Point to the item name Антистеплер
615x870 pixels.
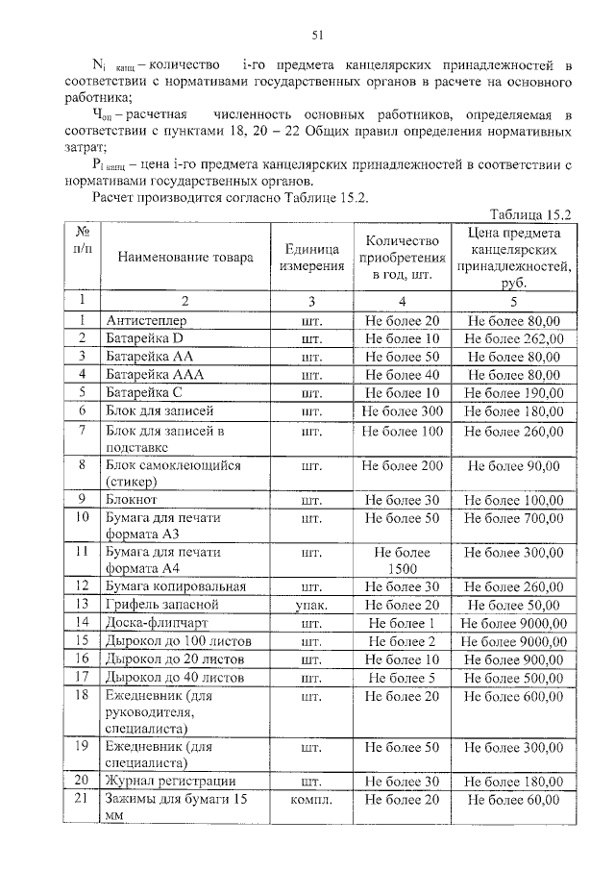coord(147,320)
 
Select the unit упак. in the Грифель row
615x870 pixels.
coord(310,605)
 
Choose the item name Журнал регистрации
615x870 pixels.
coord(170,781)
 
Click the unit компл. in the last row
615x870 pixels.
coord(310,799)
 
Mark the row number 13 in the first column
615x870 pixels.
coord(83,605)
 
